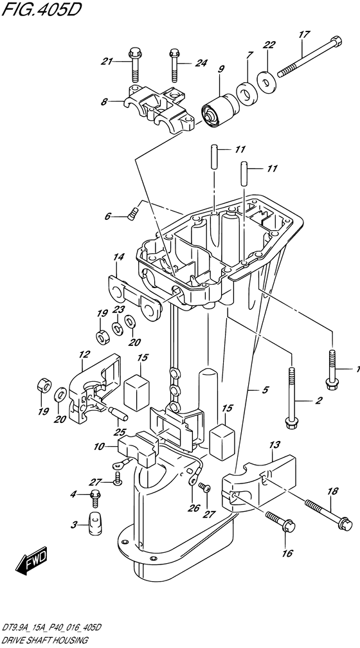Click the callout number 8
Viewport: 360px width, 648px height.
tap(104, 102)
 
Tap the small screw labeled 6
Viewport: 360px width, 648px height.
tap(132, 215)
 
